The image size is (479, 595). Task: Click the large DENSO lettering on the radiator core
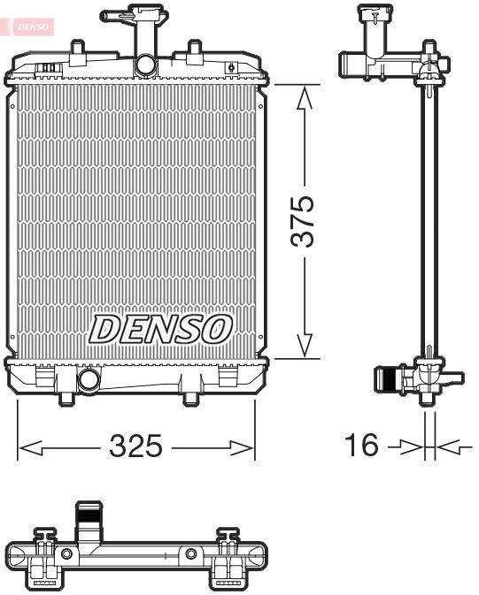(160, 329)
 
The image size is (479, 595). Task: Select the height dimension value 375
(303, 222)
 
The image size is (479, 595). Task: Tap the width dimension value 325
(135, 446)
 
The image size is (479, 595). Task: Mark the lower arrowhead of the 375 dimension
(305, 346)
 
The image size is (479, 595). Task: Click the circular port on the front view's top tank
(144, 65)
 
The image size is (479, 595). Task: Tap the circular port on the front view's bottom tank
(89, 380)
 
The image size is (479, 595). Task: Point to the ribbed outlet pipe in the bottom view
(89, 517)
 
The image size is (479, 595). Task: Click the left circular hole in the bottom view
(66, 553)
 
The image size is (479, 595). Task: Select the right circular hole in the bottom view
(190, 553)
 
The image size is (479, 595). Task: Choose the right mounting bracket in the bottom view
(228, 559)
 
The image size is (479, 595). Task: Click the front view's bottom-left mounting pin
(65, 399)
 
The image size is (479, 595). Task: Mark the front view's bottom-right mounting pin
(189, 399)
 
